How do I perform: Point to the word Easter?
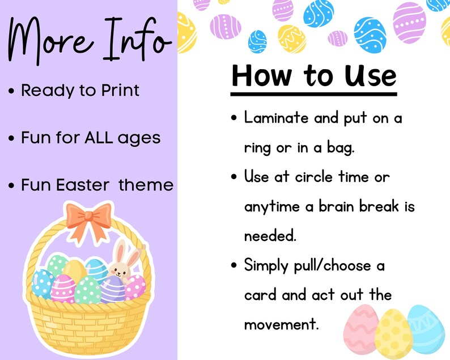pyautogui.click(x=83, y=185)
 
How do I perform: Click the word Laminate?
pyautogui.click(x=276, y=117)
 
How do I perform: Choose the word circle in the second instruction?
pyautogui.click(x=314, y=177)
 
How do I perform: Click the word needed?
pyautogui.click(x=270, y=236)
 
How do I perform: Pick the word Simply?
pyautogui.click(x=266, y=266)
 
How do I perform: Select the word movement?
pyautogui.click(x=282, y=325)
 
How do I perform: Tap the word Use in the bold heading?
pyautogui.click(x=371, y=75)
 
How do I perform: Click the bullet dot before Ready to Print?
pyautogui.click(x=11, y=92)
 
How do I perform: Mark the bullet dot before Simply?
pyautogui.click(x=234, y=265)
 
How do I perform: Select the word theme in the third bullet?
pyautogui.click(x=146, y=185)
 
